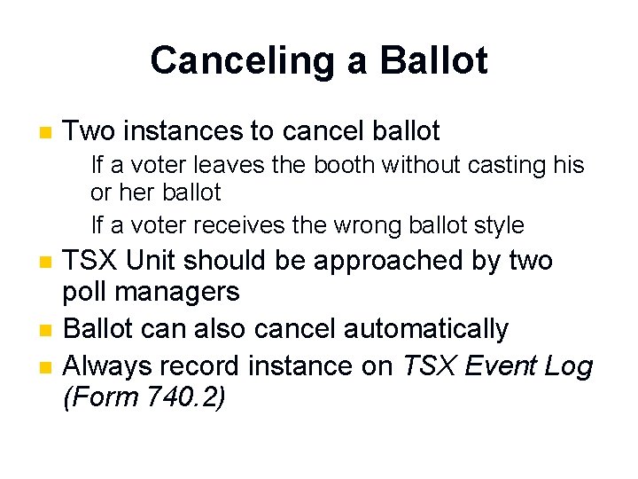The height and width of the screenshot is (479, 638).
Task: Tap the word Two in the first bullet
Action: [x=90, y=132]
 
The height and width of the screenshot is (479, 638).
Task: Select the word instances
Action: [x=184, y=132]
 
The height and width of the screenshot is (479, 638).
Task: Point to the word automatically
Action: [x=425, y=329]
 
